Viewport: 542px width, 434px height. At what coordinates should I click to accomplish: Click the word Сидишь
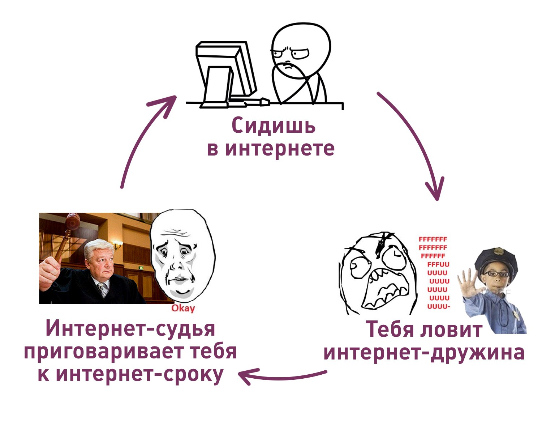[x=273, y=125]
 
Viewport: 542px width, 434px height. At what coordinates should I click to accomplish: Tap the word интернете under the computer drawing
[x=280, y=149]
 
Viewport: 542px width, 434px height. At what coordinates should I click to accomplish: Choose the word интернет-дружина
[x=424, y=353]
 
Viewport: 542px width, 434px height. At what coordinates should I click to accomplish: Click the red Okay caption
[x=183, y=309]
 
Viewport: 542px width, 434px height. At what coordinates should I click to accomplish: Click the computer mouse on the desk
[x=265, y=102]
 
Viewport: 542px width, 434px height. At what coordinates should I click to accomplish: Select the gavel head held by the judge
[x=73, y=221]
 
